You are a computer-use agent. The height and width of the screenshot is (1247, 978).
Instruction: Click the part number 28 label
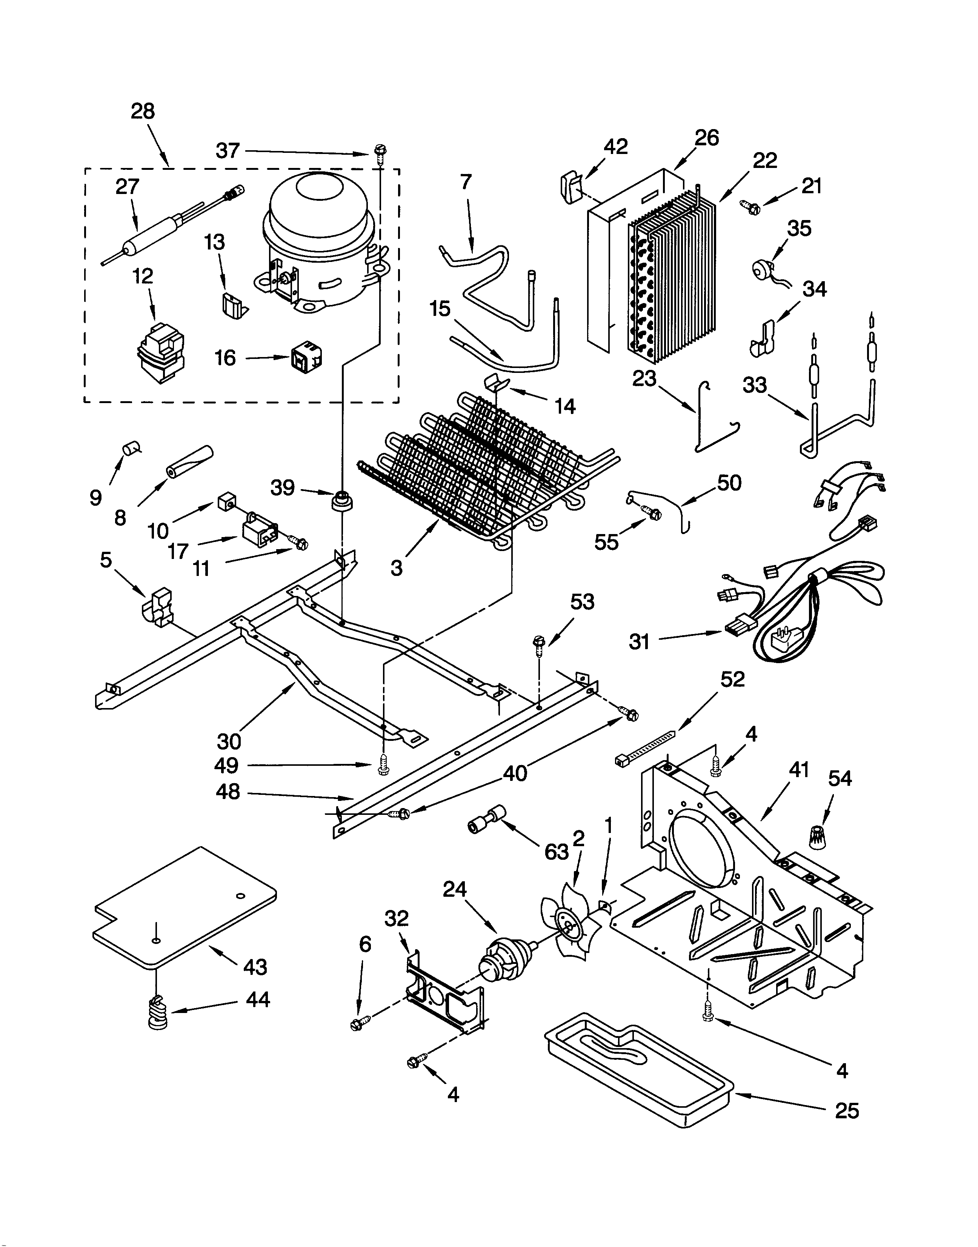pos(143,111)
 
